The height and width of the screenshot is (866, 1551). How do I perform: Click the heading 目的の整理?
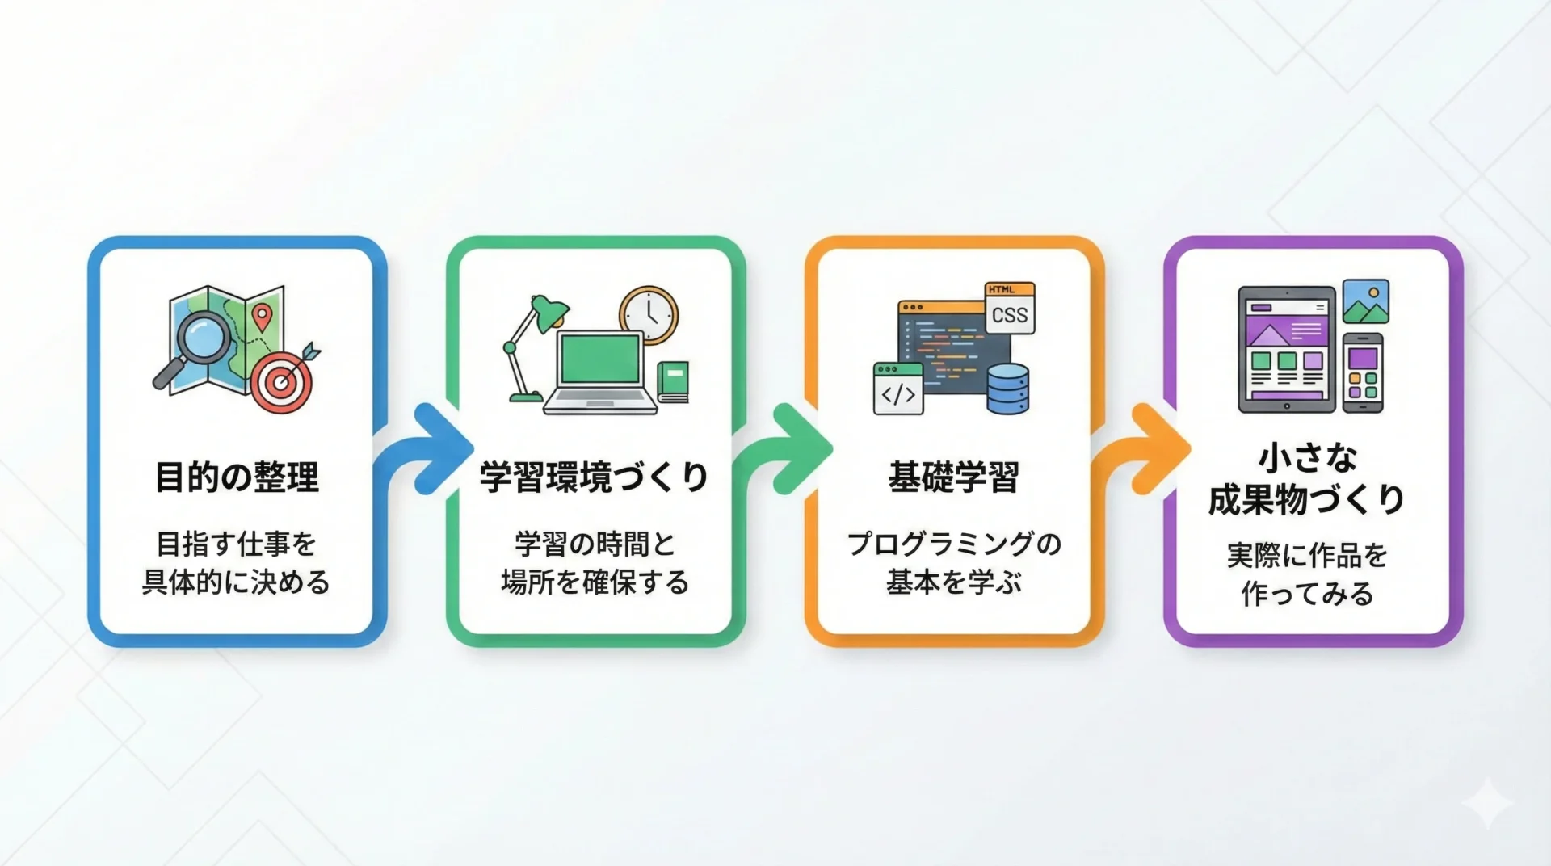(237, 477)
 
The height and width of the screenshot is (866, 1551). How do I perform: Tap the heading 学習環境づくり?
(595, 477)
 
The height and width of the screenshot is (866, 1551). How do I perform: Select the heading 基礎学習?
(953, 477)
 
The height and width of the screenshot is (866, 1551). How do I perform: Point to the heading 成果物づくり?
(1306, 500)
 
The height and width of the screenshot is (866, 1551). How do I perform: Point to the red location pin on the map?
(260, 317)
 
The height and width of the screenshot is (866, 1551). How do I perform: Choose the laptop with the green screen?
(601, 372)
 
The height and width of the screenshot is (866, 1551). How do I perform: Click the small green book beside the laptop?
(672, 381)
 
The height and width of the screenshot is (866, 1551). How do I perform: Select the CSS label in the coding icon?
(1010, 314)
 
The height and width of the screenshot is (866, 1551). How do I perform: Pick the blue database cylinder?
(1008, 389)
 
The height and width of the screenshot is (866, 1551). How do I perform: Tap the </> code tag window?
(898, 389)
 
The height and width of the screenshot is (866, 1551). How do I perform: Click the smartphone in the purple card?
(1363, 373)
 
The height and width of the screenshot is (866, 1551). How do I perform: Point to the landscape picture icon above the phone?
(1366, 301)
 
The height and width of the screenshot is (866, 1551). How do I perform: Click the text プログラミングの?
(954, 544)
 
